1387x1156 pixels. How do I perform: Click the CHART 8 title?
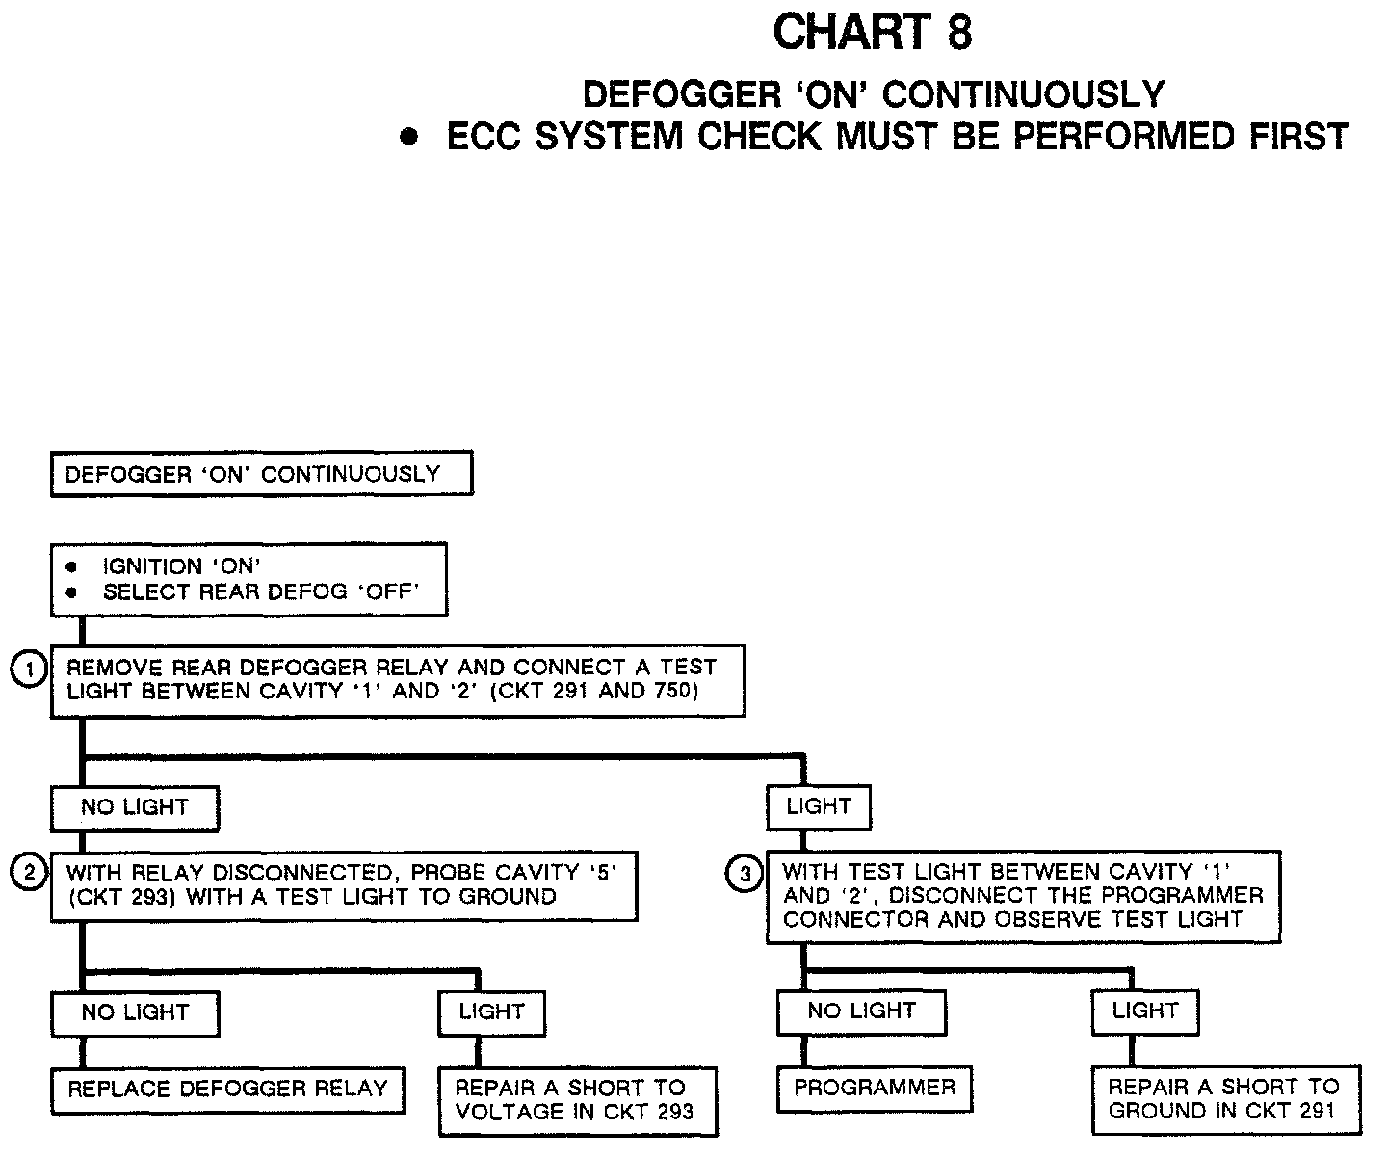click(x=873, y=33)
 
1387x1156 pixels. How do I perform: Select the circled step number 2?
click(x=28, y=873)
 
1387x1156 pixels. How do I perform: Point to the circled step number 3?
click(x=744, y=875)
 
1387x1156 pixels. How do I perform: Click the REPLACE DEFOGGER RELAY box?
click(x=227, y=1090)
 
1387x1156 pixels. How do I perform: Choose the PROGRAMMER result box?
click(x=875, y=1088)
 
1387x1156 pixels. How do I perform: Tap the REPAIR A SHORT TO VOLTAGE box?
click(x=578, y=1100)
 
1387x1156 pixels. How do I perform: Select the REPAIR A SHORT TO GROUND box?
click(x=1225, y=1099)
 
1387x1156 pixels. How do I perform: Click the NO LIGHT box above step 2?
click(x=135, y=807)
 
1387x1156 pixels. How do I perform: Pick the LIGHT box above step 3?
click(x=819, y=806)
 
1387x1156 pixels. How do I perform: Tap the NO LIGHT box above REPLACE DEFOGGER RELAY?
click(x=135, y=1012)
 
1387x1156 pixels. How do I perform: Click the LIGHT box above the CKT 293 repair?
click(x=491, y=1011)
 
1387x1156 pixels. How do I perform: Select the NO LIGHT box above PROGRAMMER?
click(x=861, y=1011)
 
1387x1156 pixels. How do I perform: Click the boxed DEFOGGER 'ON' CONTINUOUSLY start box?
click(x=261, y=474)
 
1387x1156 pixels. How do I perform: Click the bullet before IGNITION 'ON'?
click(x=71, y=567)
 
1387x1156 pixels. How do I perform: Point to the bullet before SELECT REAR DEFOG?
click(x=71, y=592)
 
